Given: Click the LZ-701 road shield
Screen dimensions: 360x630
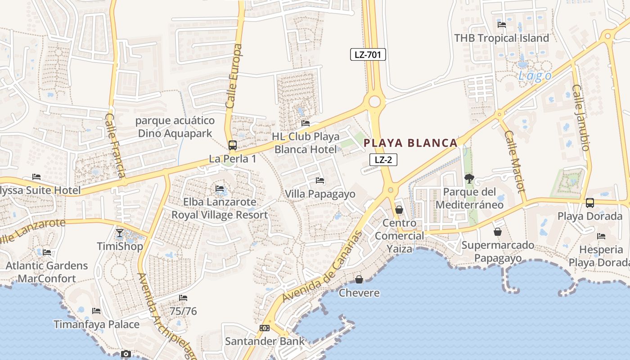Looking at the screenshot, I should click(x=368, y=55).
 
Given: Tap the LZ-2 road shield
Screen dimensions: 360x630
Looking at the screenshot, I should click(x=383, y=159).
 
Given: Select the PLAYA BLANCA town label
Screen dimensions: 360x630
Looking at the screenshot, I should click(x=410, y=143).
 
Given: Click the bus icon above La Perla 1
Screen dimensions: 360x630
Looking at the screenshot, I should click(x=233, y=145).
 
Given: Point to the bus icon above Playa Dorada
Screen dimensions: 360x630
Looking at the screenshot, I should click(x=590, y=203).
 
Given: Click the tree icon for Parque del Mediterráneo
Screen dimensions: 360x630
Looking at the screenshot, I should click(x=469, y=179).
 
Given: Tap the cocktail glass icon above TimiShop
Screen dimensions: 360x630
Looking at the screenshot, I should click(x=120, y=233).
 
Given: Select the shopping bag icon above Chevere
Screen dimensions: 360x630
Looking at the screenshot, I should click(x=359, y=279).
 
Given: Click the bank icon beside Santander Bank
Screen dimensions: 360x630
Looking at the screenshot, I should click(x=265, y=328).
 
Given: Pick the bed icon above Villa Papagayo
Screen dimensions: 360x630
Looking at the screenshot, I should click(x=320, y=180).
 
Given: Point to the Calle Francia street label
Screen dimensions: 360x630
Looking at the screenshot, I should click(x=115, y=145).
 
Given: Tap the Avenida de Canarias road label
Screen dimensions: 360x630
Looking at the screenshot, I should click(x=322, y=267).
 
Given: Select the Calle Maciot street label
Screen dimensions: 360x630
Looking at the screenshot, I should click(x=514, y=161).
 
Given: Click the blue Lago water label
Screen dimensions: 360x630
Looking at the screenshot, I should click(x=535, y=76).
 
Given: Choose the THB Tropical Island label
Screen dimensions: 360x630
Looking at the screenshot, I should click(x=501, y=38).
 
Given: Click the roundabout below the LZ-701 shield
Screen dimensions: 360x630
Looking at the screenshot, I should click(x=374, y=101).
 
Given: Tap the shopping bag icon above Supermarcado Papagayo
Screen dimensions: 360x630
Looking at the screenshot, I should click(x=498, y=232).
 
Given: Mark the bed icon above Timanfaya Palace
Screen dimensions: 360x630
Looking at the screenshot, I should click(x=96, y=311).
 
